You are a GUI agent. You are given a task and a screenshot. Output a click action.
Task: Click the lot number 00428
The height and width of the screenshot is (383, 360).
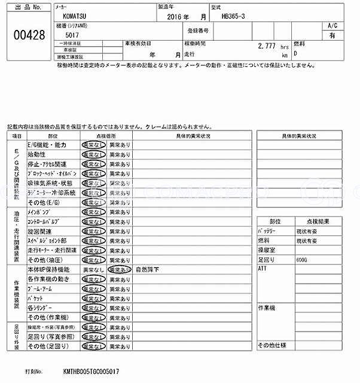pyautogui.click(x=29, y=35)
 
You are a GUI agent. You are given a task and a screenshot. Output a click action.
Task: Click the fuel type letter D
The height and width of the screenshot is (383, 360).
pyautogui.click(x=294, y=53)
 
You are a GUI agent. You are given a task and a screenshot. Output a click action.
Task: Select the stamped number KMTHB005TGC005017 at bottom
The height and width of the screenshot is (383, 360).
pyautogui.click(x=91, y=371)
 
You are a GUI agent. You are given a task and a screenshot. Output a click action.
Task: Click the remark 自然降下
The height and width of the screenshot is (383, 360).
pyautogui.click(x=147, y=270)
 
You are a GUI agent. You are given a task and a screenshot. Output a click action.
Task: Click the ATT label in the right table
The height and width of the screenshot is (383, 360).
pyautogui.click(x=262, y=269)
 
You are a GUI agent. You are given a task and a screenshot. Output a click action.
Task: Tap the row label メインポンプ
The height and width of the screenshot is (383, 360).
pyautogui.click(x=41, y=212)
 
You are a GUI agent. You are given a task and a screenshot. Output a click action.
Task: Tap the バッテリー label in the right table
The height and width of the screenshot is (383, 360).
pyautogui.click(x=266, y=232)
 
